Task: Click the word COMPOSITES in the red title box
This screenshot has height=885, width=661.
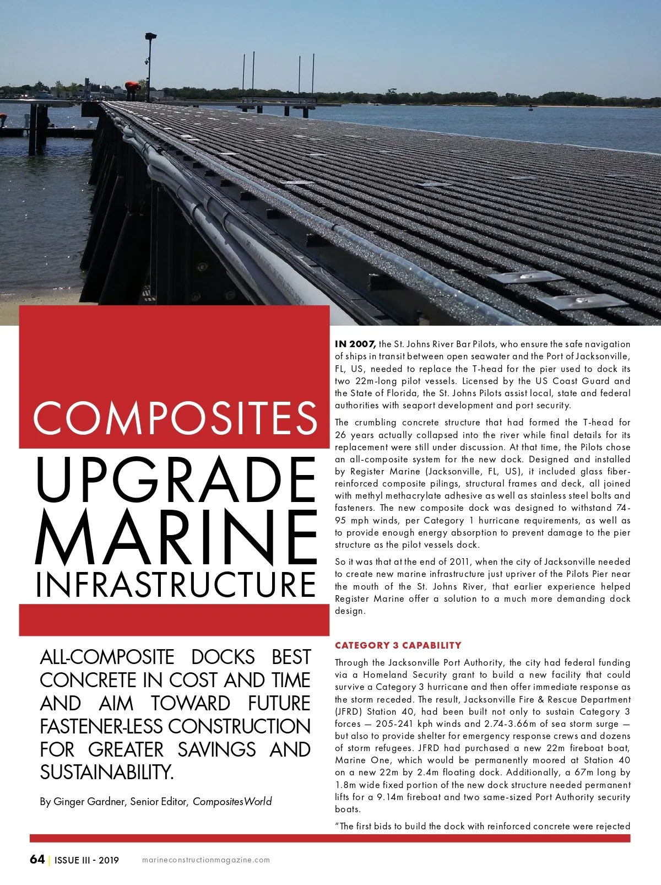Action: (x=175, y=417)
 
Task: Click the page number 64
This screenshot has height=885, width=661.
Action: (x=37, y=859)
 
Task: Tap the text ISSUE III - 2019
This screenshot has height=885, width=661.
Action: (x=86, y=860)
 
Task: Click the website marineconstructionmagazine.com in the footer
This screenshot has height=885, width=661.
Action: (x=205, y=860)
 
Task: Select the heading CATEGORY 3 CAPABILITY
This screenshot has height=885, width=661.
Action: (x=398, y=645)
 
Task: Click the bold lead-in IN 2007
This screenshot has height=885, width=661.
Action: (x=355, y=344)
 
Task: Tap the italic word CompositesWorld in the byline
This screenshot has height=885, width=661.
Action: (x=232, y=801)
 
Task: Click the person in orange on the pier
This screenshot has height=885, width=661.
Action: (x=132, y=87)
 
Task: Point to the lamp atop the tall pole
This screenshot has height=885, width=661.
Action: (x=151, y=36)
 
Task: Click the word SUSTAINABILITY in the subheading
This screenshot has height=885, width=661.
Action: (x=106, y=773)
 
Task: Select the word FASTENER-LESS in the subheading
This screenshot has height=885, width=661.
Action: (x=102, y=726)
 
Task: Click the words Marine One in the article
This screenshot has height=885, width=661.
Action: (x=357, y=760)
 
